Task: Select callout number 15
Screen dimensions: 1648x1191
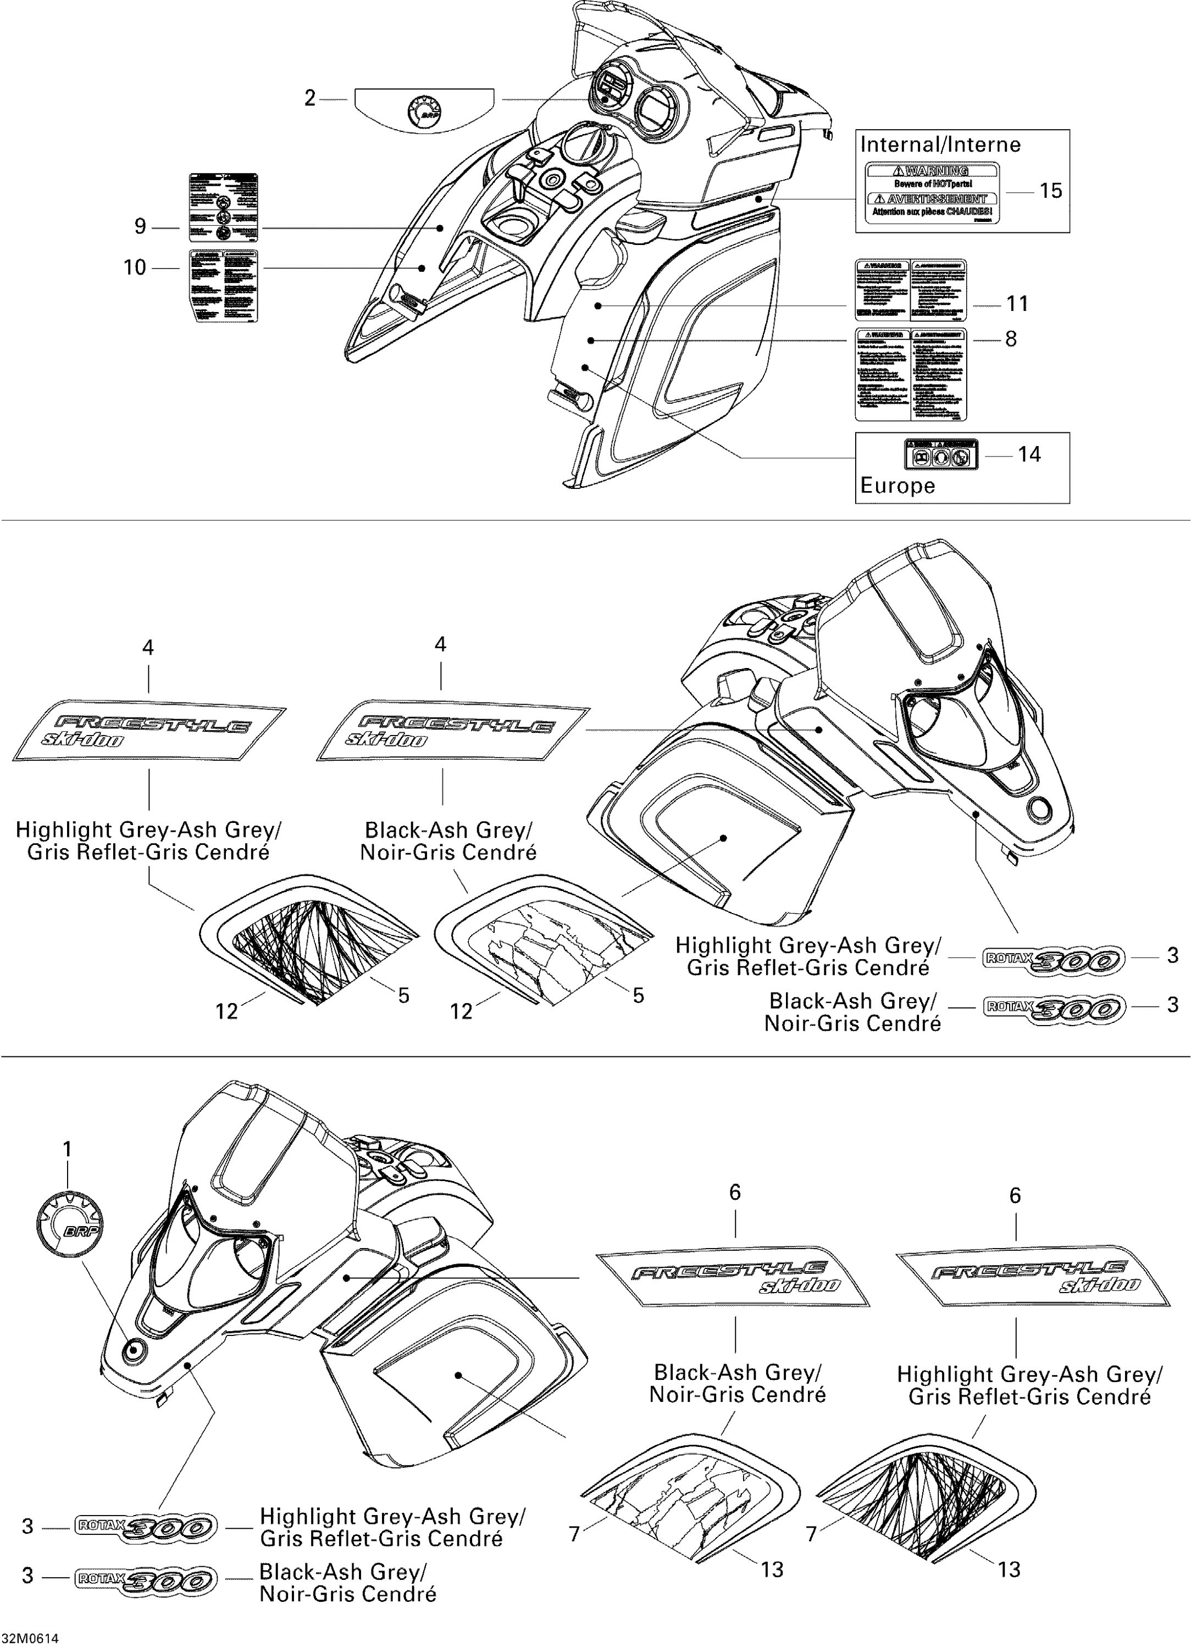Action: (x=1051, y=191)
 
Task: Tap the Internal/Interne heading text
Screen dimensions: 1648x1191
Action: (x=940, y=144)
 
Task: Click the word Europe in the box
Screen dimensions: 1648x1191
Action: (x=898, y=486)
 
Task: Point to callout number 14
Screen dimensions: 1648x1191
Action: (x=1029, y=455)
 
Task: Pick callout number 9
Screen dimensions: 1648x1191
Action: (x=140, y=227)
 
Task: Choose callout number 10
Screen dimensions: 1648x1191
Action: (x=135, y=268)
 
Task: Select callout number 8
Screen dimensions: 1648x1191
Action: (x=1011, y=339)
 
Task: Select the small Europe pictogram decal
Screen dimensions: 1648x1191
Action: (x=941, y=455)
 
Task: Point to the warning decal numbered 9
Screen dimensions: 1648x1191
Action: (x=223, y=207)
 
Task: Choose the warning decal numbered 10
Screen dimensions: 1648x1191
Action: (x=223, y=285)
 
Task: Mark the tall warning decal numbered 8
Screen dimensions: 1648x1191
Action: (x=910, y=374)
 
